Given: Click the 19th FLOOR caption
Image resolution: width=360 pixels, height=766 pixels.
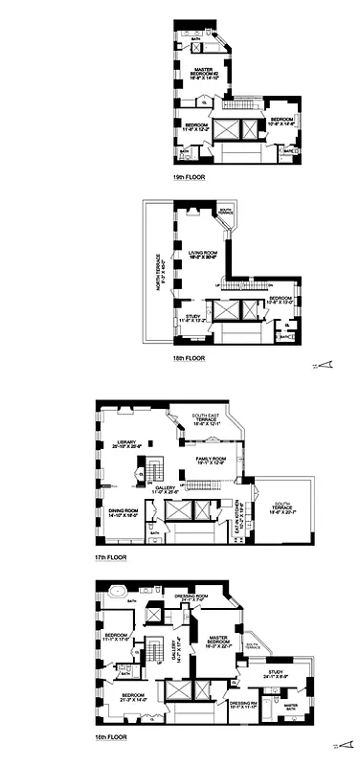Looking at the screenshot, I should [x=188, y=177].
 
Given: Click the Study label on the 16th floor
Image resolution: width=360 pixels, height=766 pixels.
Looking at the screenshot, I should [x=278, y=676].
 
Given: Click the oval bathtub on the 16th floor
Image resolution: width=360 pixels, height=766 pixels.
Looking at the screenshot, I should [x=115, y=595].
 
